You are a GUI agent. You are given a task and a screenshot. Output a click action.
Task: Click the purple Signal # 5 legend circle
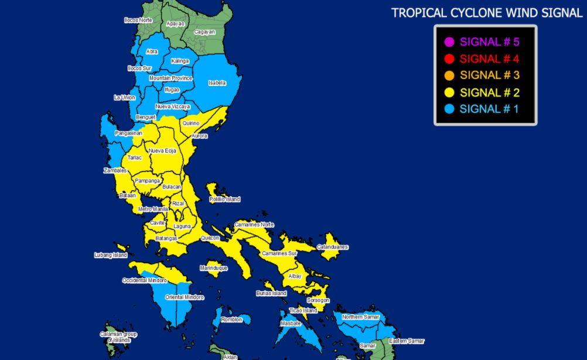tap(449, 42)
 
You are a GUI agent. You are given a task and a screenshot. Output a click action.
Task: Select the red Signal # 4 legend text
tap(490, 59)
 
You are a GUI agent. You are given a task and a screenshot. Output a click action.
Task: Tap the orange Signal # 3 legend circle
tap(449, 76)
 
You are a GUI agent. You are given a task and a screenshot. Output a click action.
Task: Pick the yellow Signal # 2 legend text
tap(490, 92)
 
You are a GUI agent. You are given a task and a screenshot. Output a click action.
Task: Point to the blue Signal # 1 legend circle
tap(449, 109)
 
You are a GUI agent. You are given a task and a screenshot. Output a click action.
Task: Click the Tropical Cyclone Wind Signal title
tap(487, 13)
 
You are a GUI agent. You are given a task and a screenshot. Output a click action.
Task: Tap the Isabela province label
tap(217, 83)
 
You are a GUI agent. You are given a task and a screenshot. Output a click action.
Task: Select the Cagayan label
tap(204, 32)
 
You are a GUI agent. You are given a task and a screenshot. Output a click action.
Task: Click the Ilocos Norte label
tap(138, 20)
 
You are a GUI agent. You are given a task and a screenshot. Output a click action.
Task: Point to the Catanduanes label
tap(333, 247)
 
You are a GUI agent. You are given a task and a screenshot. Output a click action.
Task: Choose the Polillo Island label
tap(225, 199)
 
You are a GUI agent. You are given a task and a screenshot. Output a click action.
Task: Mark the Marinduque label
tap(213, 268)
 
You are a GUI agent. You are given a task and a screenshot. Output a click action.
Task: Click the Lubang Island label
tap(111, 255)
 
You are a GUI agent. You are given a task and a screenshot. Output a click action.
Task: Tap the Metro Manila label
tap(153, 209)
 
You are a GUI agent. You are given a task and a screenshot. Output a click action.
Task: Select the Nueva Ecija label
tap(162, 151)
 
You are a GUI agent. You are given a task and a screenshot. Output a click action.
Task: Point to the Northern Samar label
tap(361, 317)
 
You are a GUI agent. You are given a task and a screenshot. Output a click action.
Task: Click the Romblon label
tap(231, 320)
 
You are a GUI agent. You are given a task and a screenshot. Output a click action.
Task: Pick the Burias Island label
tap(271, 293)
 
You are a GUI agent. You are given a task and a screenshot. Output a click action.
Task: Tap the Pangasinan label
tap(129, 133)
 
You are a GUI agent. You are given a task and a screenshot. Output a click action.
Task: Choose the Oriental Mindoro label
tap(185, 297)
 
